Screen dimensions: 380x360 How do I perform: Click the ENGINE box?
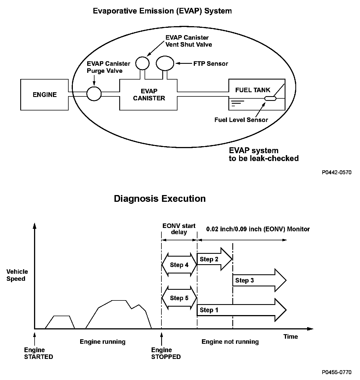point(44,94)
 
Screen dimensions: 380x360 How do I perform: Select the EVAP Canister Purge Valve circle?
point(94,94)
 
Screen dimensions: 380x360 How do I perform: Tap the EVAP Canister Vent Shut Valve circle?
point(142,63)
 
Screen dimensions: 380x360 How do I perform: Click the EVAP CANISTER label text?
point(149,95)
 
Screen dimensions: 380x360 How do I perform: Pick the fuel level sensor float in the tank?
point(270,98)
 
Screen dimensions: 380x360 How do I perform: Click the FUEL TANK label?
point(253,90)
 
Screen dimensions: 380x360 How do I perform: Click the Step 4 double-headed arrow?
point(179,265)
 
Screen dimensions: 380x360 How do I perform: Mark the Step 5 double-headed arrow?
point(179,298)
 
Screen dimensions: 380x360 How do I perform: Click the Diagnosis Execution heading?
point(160,199)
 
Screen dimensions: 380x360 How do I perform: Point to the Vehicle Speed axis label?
point(17,275)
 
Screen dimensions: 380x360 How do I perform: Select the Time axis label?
point(291,336)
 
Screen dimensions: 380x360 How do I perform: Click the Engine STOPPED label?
point(166,353)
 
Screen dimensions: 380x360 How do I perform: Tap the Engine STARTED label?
point(39,353)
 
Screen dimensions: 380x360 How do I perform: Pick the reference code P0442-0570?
point(337,172)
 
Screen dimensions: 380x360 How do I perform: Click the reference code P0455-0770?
point(337,372)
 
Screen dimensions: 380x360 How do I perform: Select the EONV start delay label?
point(179,229)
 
